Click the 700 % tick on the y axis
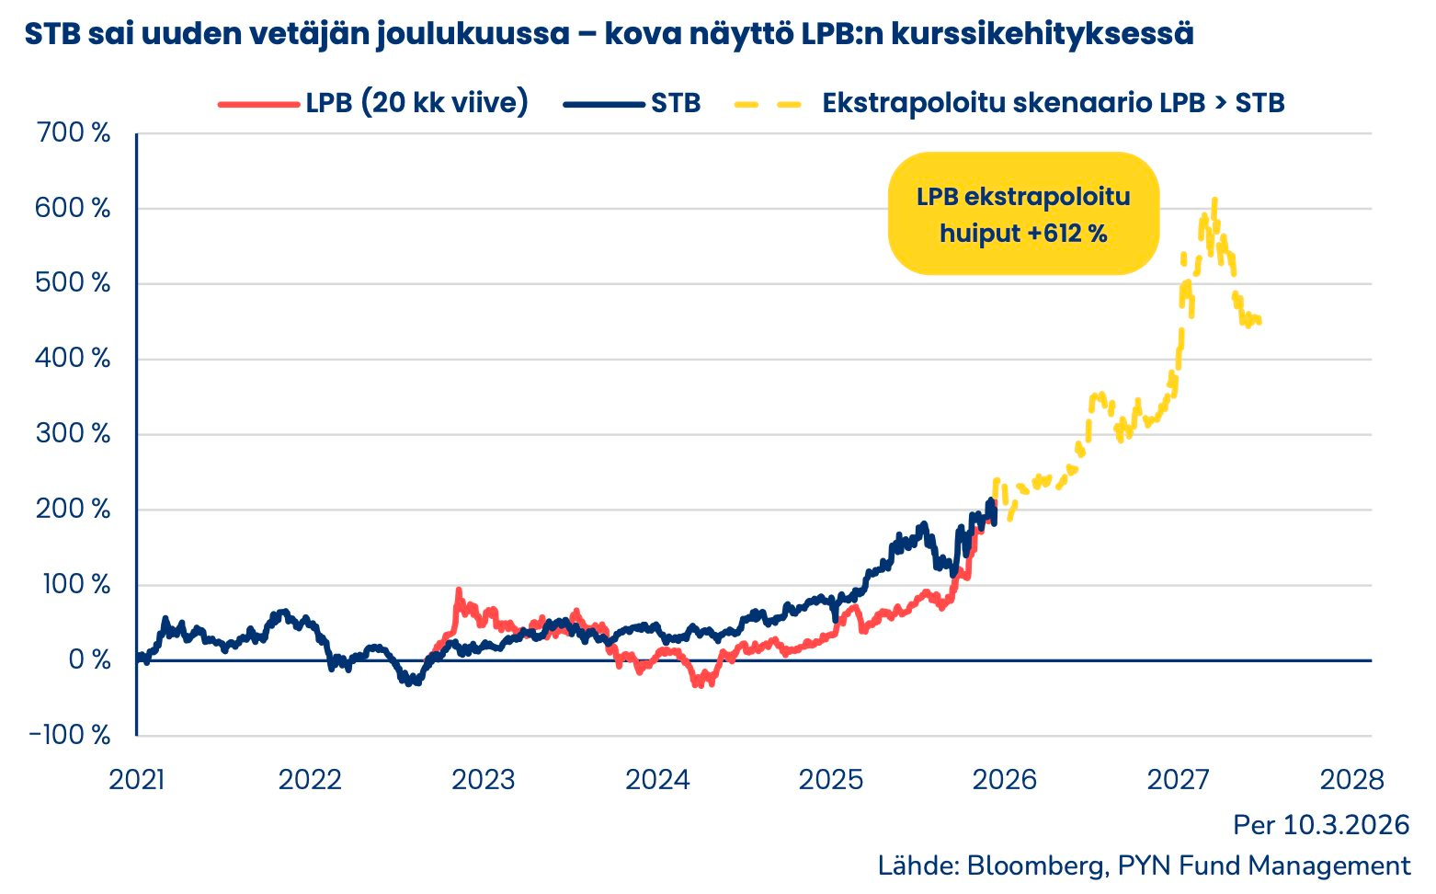74,133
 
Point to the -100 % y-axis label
70,735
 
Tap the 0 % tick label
89,659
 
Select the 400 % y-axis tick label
74,359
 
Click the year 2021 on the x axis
136,780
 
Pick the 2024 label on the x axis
657,780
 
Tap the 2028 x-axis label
1351,780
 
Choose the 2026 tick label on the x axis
1004,780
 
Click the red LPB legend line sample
259,104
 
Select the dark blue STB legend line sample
604,104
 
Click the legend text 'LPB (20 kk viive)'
417,103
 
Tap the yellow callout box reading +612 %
1023,214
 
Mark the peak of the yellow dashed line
1214,200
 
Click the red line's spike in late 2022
458,590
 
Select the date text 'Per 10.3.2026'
1321,825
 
